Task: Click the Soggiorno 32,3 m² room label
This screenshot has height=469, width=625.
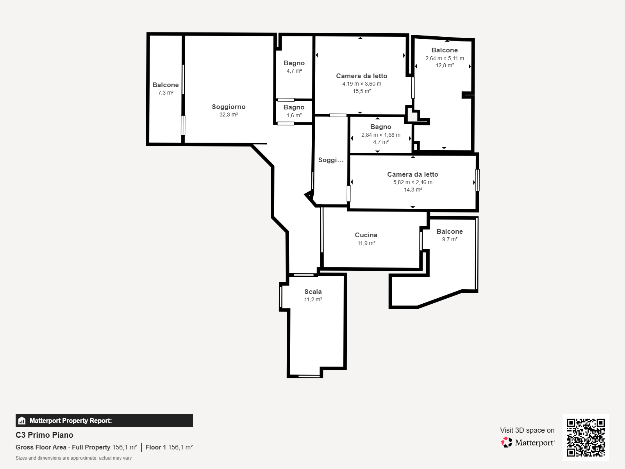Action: click(229, 107)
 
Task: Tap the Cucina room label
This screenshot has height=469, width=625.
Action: click(366, 235)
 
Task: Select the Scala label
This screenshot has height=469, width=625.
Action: click(313, 292)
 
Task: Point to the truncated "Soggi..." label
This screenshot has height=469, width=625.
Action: click(331, 160)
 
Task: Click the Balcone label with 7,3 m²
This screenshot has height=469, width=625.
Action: click(166, 85)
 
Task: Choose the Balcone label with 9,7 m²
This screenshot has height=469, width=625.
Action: click(450, 231)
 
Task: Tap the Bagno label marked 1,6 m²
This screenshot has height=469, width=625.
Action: click(294, 107)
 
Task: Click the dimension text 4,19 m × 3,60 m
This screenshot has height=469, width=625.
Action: click(362, 84)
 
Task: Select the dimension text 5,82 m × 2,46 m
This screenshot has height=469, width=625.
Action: click(412, 182)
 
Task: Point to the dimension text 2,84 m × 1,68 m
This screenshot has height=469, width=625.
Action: click(381, 135)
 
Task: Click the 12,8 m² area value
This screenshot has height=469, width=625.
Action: click(445, 65)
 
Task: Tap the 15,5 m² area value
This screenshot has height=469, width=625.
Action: click(362, 91)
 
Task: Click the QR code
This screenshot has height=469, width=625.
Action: click(586, 438)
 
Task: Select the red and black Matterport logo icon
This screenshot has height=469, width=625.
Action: click(507, 442)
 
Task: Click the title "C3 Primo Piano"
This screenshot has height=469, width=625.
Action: click(45, 435)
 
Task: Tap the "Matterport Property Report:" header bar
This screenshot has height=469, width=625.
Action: click(104, 421)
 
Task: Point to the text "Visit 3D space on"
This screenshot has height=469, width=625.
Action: click(527, 430)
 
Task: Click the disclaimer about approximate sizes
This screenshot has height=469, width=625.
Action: click(73, 458)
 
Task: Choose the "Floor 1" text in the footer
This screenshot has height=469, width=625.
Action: click(155, 448)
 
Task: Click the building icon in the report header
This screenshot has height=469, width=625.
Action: click(22, 421)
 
